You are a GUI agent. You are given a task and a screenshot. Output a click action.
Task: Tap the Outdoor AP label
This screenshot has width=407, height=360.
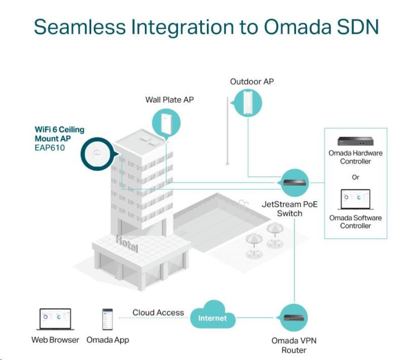point(252,81)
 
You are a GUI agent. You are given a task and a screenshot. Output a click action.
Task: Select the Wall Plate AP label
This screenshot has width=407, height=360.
point(169,99)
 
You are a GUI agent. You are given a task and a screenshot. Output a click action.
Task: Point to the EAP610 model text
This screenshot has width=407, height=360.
point(51,147)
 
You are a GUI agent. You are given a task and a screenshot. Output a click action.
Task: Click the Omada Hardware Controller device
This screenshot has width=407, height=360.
point(355,141)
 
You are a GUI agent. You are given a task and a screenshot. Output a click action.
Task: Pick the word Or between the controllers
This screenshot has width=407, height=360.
point(356,177)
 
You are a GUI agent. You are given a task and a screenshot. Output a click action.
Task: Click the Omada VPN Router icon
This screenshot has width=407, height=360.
point(293,318)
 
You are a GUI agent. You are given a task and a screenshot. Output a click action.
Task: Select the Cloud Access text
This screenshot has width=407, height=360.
point(158,313)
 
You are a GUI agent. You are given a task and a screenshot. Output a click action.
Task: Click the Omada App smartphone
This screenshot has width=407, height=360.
point(107,319)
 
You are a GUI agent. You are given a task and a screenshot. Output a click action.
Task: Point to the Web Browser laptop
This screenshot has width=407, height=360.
point(55,319)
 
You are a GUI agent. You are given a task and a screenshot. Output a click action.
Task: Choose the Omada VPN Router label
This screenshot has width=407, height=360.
point(294,345)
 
